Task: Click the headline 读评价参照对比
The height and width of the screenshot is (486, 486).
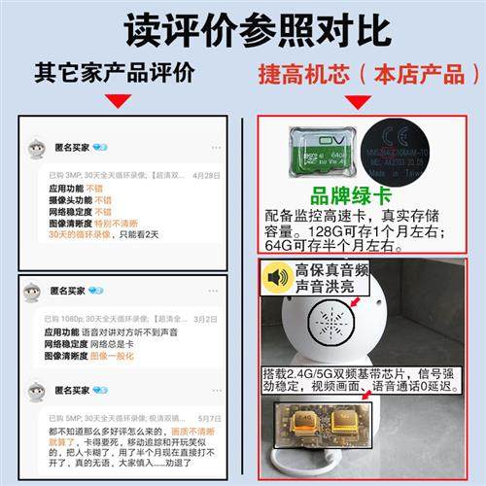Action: [243, 29]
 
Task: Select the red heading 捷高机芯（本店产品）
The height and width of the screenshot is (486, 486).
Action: [362, 75]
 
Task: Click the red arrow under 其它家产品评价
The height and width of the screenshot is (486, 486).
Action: [117, 100]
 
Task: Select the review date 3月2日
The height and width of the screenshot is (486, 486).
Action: [205, 318]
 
